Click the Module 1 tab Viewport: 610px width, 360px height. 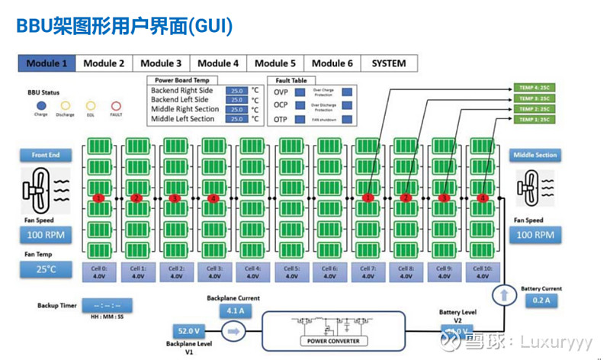[x=47, y=63]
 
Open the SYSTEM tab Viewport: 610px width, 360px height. [x=389, y=63]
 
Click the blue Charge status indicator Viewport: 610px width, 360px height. [x=41, y=106]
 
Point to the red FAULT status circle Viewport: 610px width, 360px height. [x=116, y=106]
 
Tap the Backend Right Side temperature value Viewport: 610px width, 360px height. [x=236, y=91]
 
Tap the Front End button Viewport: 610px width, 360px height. [x=46, y=155]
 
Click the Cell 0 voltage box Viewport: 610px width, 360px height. [x=99, y=272]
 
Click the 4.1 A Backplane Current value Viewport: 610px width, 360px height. [x=233, y=311]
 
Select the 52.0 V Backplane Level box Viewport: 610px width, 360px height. [x=188, y=332]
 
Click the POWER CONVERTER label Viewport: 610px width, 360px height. [x=332, y=340]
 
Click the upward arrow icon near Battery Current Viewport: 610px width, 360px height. [x=502, y=294]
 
